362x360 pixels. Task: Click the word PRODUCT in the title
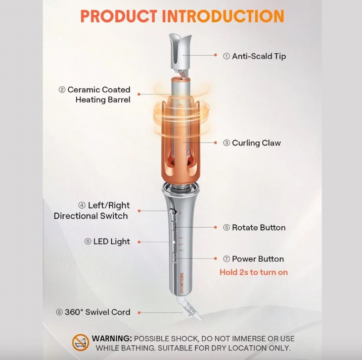(119, 16)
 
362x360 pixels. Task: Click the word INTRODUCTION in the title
(223, 16)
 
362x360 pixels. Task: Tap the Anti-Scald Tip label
(254, 56)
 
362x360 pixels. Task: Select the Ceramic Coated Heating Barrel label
(95, 94)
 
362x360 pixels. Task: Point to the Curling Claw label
(252, 143)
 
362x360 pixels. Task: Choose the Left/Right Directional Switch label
(92, 211)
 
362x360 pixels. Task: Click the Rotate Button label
(254, 228)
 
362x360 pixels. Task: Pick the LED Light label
(107, 241)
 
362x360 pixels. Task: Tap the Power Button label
(253, 259)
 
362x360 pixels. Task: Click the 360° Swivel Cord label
(93, 312)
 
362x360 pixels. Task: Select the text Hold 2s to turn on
(254, 272)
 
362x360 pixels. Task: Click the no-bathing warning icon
(80, 342)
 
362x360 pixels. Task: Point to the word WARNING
(112, 338)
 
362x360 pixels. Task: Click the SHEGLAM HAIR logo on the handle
(182, 284)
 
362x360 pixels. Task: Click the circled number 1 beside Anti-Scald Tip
(227, 56)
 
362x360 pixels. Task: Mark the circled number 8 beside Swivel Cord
(59, 312)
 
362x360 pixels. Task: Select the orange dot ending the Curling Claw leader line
(215, 143)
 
